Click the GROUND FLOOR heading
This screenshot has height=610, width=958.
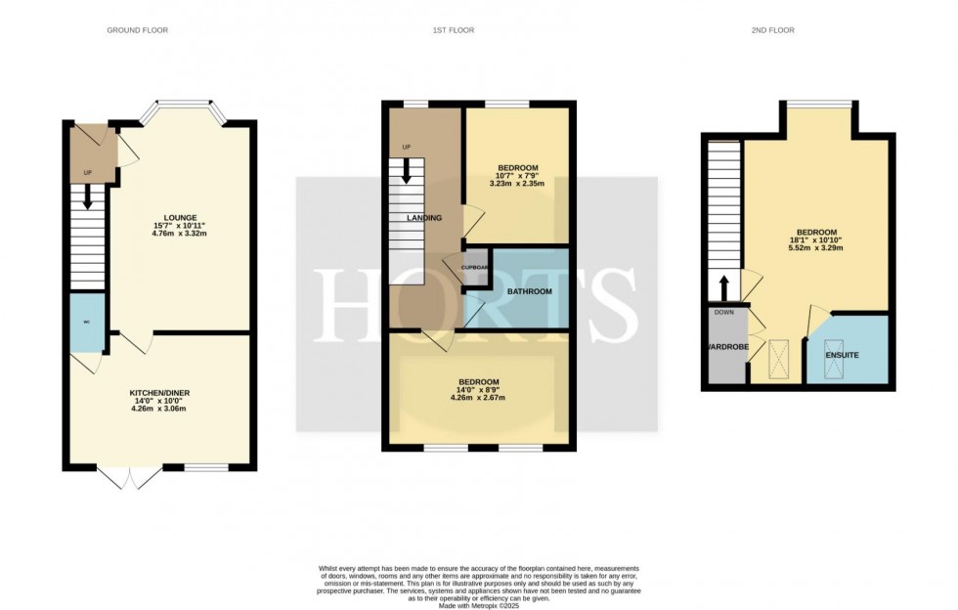point(137,30)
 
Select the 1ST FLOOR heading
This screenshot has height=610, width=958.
point(454,30)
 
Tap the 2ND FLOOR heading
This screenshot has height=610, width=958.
point(773,30)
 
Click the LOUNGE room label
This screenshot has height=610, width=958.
point(181,218)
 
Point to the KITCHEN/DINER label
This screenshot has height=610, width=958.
point(163,393)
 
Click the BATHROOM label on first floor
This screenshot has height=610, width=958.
point(530,291)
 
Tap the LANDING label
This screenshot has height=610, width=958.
point(424,218)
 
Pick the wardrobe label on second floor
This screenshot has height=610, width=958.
point(726,347)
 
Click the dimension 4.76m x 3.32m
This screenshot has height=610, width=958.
point(181,235)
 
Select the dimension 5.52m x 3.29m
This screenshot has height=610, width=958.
point(816,248)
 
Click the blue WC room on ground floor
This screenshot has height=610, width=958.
point(86,323)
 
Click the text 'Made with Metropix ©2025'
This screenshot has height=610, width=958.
point(478,606)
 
